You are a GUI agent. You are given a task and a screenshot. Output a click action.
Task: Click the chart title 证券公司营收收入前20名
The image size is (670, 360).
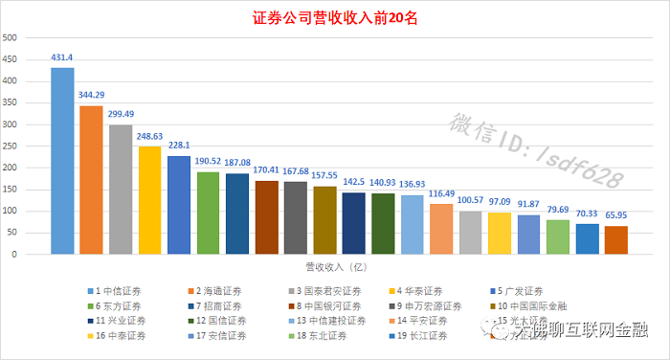tap(334, 18)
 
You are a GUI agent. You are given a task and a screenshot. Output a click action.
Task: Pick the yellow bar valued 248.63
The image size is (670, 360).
tap(150, 200)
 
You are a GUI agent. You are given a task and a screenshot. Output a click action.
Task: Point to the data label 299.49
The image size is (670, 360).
tap(121, 115)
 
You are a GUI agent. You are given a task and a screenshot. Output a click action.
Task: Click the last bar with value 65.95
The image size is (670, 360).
tap(616, 240)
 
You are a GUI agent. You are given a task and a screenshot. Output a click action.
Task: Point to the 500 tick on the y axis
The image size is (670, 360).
tap(11, 38)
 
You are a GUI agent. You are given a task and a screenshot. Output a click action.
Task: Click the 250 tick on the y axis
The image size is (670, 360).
tap(11, 146)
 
